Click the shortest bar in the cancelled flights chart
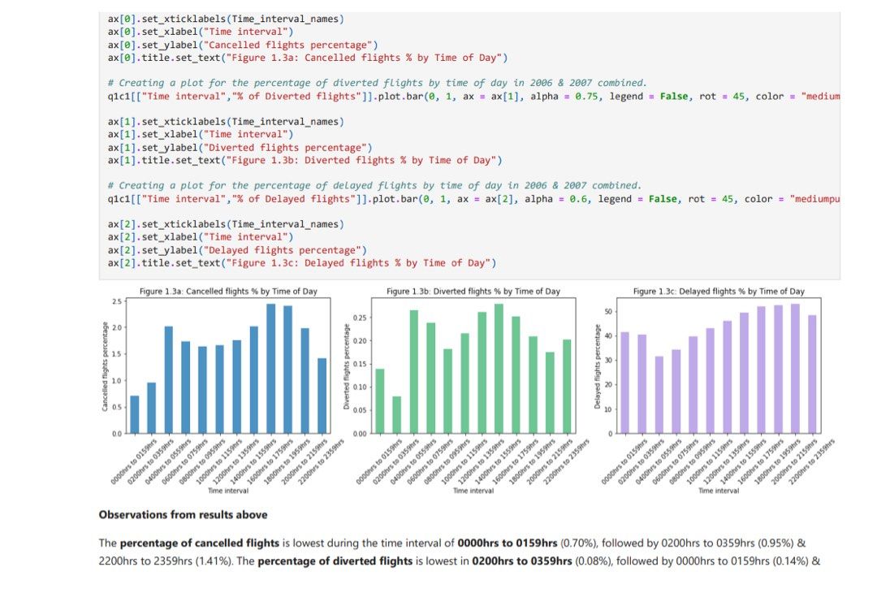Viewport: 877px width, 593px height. [x=134, y=414]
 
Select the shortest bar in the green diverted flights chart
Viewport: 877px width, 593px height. [x=396, y=414]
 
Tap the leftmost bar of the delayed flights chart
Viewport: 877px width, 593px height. [x=624, y=383]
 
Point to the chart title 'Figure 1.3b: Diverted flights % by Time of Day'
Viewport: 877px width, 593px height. [x=473, y=291]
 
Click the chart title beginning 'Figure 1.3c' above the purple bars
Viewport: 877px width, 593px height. [x=719, y=291]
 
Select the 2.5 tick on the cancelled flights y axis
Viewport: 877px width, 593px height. [x=118, y=302]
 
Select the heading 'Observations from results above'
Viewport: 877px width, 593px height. [x=183, y=515]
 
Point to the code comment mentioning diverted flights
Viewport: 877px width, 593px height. [x=377, y=83]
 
